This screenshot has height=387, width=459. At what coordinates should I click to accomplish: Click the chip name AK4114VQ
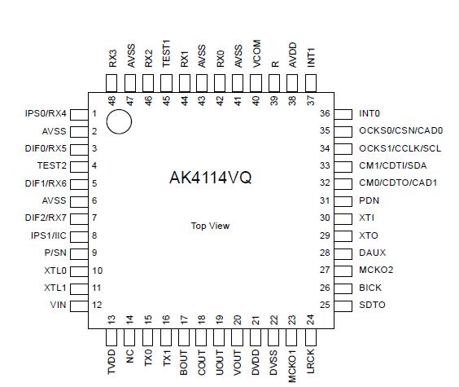pos(210,178)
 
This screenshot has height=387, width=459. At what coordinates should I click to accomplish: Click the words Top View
pos(210,226)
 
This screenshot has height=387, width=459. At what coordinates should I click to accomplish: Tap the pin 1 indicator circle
pos(119,121)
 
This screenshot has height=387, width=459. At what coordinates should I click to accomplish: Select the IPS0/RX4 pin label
pos(46,113)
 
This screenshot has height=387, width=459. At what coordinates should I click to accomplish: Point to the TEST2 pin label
pos(54,165)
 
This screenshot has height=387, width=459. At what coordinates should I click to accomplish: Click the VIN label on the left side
pos(59,305)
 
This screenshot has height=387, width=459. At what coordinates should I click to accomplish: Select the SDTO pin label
pos(372,305)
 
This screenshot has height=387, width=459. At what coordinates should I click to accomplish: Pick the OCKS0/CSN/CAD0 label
pos(400,130)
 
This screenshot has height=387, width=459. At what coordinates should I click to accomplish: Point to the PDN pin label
pos(369,200)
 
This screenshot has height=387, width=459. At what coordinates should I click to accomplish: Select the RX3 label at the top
pos(112,59)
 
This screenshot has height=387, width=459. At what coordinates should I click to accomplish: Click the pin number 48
pos(112,100)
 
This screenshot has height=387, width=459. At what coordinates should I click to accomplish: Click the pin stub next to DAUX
pos(343,253)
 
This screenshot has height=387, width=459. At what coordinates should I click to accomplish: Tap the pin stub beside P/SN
pos(78,253)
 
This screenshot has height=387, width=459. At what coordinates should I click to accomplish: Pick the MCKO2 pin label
pos(375,270)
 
